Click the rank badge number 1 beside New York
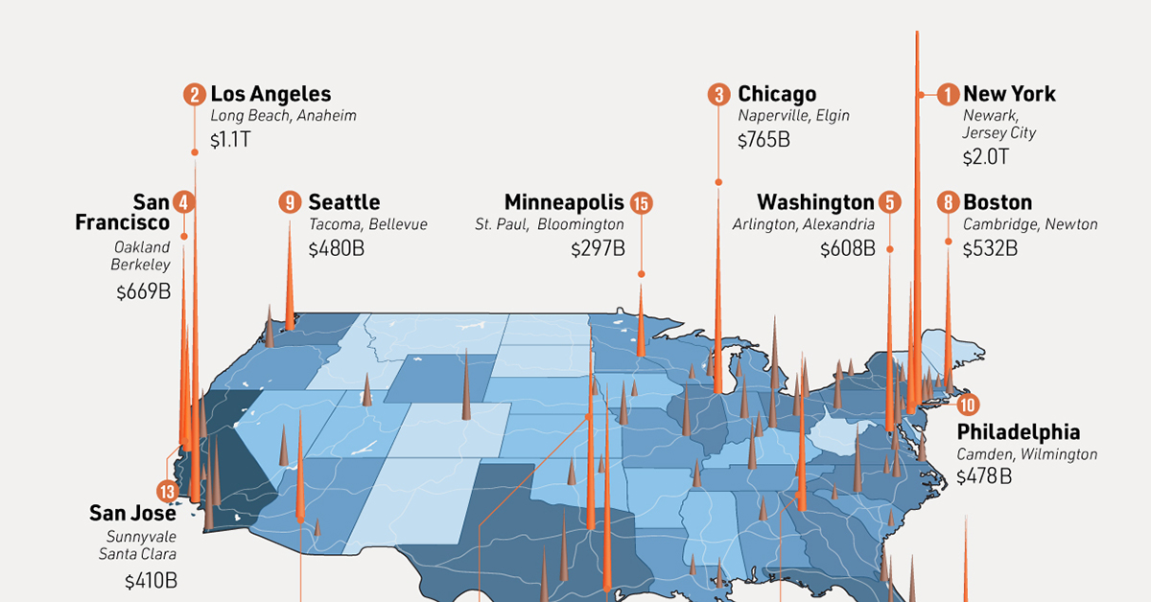click(948, 94)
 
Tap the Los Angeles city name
click(270, 94)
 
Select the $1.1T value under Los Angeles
click(231, 140)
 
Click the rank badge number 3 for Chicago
click(718, 94)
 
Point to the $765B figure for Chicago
click(763, 140)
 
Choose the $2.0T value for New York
click(986, 157)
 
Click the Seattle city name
click(343, 202)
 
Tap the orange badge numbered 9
click(290, 202)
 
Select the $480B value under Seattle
click(337, 248)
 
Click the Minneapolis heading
click(564, 202)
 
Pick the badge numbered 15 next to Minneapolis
click(641, 202)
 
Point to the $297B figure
click(598, 248)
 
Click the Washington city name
click(815, 202)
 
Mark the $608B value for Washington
click(848, 248)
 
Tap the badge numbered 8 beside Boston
click(948, 202)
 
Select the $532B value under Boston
click(990, 248)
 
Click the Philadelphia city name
click(1019, 430)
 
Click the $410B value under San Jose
click(151, 580)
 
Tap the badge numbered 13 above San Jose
click(169, 492)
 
